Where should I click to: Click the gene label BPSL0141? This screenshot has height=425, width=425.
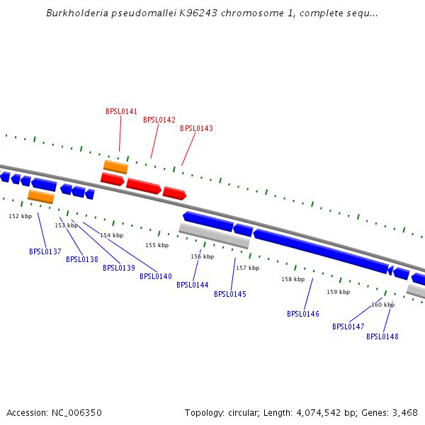coord(122,111)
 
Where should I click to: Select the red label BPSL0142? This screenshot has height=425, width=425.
coord(159,120)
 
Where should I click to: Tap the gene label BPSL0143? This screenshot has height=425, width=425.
coord(196,128)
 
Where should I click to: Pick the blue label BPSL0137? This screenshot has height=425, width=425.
coord(45,251)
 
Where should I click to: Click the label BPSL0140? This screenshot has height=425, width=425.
coord(156,276)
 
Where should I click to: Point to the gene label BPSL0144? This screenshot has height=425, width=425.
coord(193,285)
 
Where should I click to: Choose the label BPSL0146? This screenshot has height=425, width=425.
coord(303,314)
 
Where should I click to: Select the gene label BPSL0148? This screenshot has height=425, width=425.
coord(382,336)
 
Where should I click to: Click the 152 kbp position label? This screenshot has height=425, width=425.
coord(20,216)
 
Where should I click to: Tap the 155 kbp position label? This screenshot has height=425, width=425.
coord(157,245)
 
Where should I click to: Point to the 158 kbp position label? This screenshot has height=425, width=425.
coord(293,279)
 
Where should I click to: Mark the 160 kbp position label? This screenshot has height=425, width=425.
coord(382,305)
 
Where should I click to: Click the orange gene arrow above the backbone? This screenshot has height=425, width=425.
coord(115,167)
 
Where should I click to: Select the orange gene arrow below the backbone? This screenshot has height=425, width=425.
coord(40,196)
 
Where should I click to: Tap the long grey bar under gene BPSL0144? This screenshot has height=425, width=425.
coord(214,235)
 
